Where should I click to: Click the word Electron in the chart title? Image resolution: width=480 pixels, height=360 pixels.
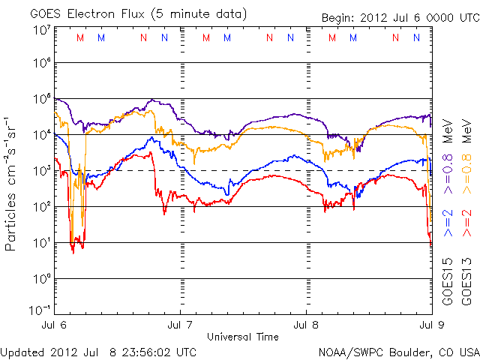[x=91, y=14]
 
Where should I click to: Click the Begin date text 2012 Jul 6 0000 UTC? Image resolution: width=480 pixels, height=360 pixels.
[x=420, y=18]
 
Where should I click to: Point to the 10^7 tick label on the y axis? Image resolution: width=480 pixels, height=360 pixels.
[x=42, y=30]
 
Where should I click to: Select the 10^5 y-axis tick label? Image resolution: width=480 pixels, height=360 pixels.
[x=42, y=98]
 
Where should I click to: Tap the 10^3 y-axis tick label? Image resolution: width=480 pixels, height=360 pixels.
[x=42, y=171]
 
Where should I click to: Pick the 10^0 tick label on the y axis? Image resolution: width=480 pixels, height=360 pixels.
[x=42, y=279]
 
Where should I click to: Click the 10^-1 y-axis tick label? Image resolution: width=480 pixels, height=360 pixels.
[x=40, y=310]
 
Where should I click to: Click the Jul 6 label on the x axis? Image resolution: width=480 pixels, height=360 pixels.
[x=54, y=325]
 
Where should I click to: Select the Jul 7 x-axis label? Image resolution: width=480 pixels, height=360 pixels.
[x=180, y=325]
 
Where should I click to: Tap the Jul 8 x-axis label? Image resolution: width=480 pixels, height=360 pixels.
[x=306, y=325]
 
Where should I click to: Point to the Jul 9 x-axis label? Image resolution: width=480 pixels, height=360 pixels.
[x=432, y=325]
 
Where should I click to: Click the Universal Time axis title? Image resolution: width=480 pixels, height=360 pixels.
[x=243, y=337]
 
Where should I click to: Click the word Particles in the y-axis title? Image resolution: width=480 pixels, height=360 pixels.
[x=10, y=222]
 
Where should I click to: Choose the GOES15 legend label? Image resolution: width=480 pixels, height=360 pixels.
[x=448, y=282]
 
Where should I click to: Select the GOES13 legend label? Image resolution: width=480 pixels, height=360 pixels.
[x=466, y=282]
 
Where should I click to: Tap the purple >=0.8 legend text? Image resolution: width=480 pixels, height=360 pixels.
[x=448, y=174]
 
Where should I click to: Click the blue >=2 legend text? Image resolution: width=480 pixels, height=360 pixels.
[x=448, y=223]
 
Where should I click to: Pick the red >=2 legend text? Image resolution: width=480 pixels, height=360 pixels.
[x=466, y=223]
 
